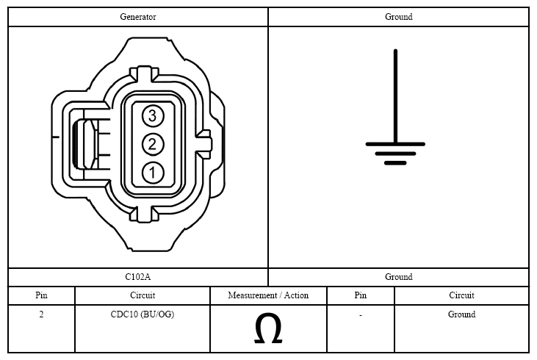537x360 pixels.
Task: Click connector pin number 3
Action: click(x=153, y=116)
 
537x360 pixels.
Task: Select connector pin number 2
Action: click(x=153, y=144)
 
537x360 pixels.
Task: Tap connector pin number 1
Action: click(x=153, y=173)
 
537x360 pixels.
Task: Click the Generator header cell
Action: click(x=138, y=17)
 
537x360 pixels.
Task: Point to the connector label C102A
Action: click(x=137, y=277)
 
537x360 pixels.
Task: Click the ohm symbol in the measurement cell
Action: click(x=268, y=328)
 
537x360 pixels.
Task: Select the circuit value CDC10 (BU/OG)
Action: click(x=143, y=314)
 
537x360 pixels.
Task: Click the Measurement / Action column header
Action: click(x=268, y=295)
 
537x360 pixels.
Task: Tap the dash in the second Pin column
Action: click(x=361, y=314)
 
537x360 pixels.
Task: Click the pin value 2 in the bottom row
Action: click(x=41, y=314)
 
